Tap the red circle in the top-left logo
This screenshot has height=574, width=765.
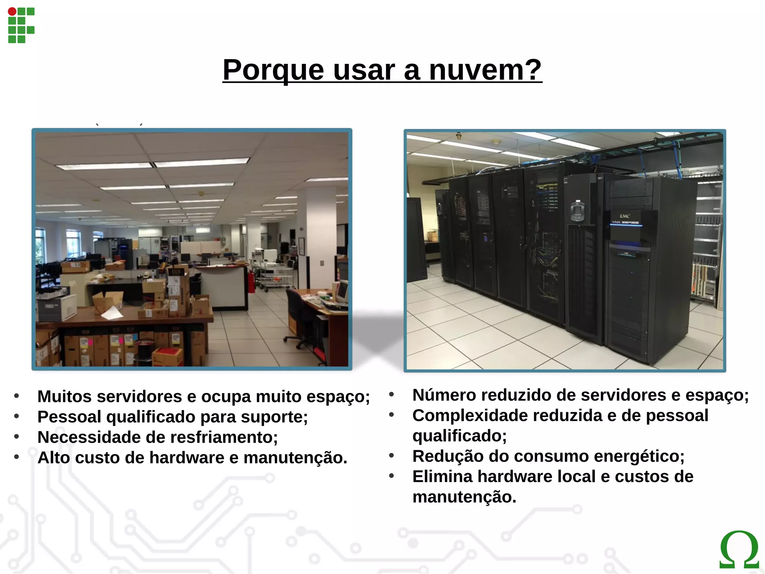pyautogui.click(x=12, y=12)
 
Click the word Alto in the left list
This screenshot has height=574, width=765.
pyautogui.click(x=54, y=458)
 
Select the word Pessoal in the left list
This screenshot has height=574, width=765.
pyautogui.click(x=69, y=417)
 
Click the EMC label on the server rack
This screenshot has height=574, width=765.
pyautogui.click(x=625, y=216)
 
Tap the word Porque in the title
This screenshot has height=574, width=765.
pyautogui.click(x=273, y=70)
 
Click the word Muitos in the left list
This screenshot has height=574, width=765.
pyautogui.click(x=65, y=397)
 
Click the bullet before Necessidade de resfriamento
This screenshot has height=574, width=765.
pyautogui.click(x=16, y=436)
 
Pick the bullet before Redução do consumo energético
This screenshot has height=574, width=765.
pyautogui.click(x=391, y=456)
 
